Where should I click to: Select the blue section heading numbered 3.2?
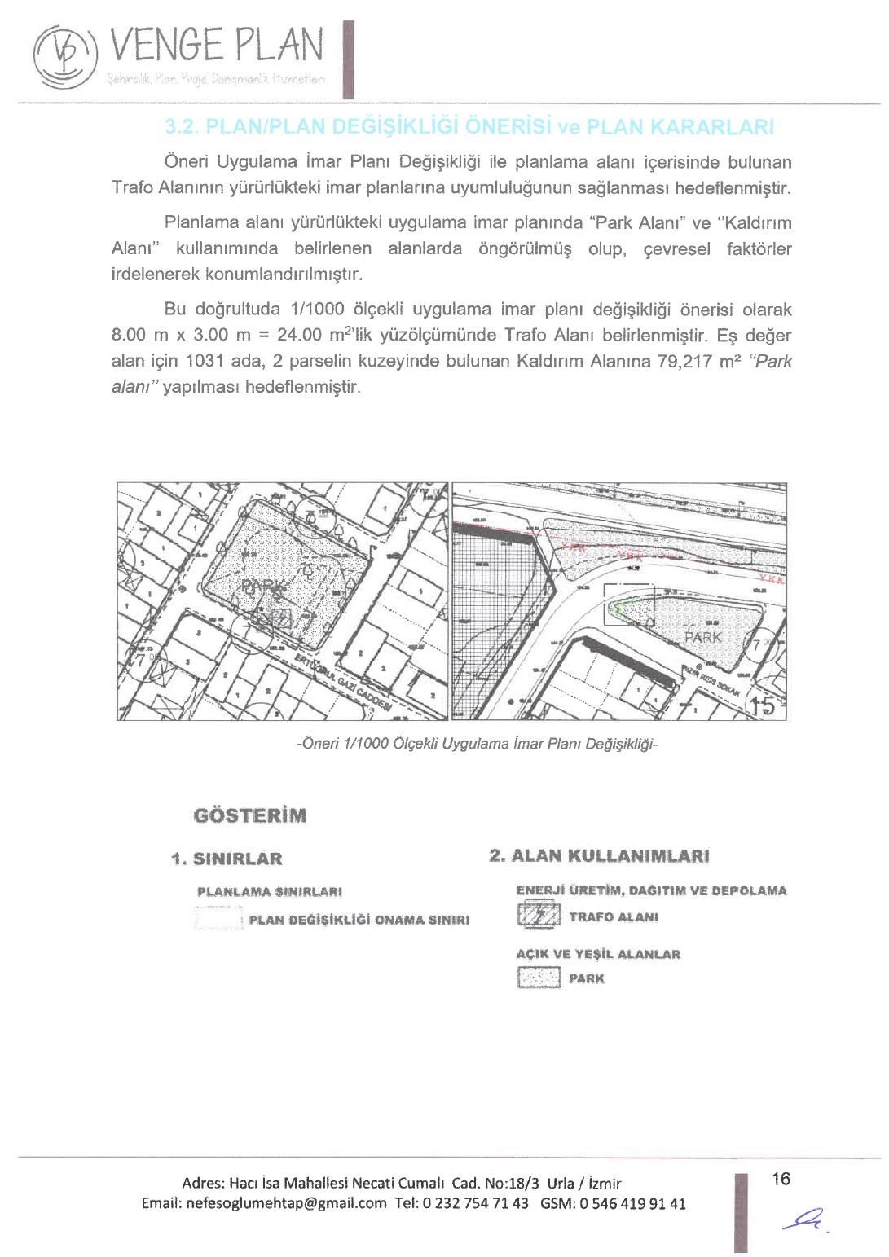469,127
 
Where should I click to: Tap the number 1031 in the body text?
205,361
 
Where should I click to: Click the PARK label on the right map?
703,637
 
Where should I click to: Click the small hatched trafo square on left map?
280,618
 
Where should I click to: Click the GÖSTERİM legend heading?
250,815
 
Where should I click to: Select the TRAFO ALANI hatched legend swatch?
539,917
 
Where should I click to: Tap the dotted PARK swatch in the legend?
539,978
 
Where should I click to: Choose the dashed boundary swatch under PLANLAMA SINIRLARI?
219,919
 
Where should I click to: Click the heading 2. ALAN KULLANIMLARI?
599,856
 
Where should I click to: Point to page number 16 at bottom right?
781,1179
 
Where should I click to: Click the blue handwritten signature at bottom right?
803,1220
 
